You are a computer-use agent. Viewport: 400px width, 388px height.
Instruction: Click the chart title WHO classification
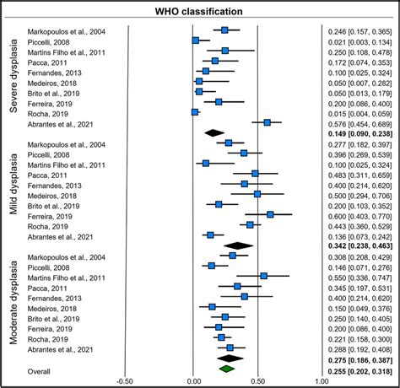(x=200, y=12)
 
